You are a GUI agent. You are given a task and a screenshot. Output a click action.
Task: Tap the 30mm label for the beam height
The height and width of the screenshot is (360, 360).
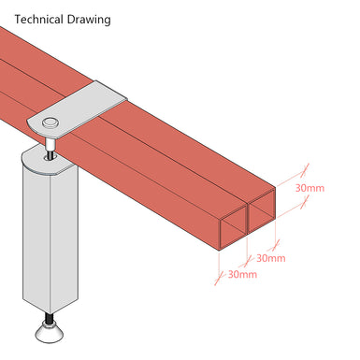click(x=310, y=188)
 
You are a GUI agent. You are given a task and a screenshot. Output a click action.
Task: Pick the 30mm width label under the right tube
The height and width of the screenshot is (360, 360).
click(x=271, y=258)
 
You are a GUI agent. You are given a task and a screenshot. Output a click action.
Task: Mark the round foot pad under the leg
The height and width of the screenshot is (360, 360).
click(x=48, y=328)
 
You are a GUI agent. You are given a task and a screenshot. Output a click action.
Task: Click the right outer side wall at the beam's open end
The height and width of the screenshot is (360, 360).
click(x=279, y=206)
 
